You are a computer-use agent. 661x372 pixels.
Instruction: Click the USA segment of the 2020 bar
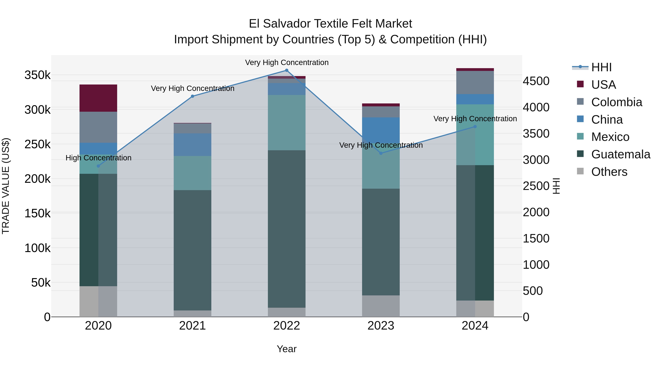[98, 98]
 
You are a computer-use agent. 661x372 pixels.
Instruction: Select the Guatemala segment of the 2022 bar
[287, 229]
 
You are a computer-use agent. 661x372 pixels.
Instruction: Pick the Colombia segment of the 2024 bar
[475, 82]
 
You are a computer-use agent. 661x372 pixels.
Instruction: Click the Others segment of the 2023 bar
[381, 306]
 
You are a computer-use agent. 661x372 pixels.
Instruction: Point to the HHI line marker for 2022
[287, 70]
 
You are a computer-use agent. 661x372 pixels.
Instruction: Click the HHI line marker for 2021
[192, 96]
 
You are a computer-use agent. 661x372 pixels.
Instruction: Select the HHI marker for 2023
[381, 153]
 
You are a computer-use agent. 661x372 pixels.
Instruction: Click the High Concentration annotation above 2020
[98, 158]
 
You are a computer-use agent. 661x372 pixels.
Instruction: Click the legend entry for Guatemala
[620, 154]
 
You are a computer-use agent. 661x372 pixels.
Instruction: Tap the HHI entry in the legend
[601, 67]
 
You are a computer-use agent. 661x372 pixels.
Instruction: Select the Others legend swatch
[580, 171]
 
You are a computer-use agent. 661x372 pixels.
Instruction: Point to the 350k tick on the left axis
[37, 75]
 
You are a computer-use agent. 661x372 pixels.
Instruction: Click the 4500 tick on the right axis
[536, 81]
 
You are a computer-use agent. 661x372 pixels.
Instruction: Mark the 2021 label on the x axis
[192, 326]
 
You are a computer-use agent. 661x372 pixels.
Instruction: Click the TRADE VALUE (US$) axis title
[6, 186]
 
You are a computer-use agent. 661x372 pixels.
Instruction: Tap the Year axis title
[287, 349]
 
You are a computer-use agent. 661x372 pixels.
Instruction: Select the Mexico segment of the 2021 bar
[192, 173]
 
